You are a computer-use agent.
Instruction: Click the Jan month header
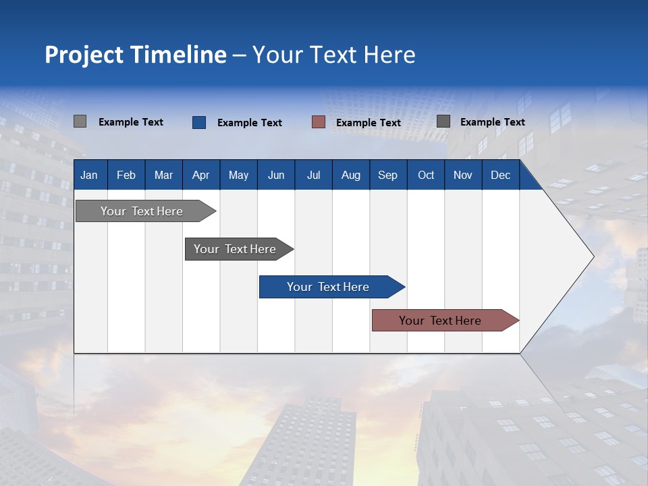point(89,175)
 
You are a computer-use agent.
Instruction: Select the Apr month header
point(200,175)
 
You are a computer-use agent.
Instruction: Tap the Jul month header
point(313,175)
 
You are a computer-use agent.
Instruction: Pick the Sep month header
point(387,175)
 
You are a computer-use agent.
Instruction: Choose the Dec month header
point(500,175)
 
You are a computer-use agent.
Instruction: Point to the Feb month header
point(126,175)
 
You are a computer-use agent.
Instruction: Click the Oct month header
point(426,175)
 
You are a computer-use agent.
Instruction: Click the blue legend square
point(199,122)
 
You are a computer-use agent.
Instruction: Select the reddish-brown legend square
point(319,122)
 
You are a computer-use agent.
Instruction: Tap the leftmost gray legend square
point(80,122)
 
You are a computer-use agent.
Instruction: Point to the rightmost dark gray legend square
point(443,122)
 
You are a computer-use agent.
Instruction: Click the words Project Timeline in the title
point(136,55)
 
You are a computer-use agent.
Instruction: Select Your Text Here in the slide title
point(333,55)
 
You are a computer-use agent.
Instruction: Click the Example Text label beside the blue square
point(250,123)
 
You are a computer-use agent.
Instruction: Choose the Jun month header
point(276,175)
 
